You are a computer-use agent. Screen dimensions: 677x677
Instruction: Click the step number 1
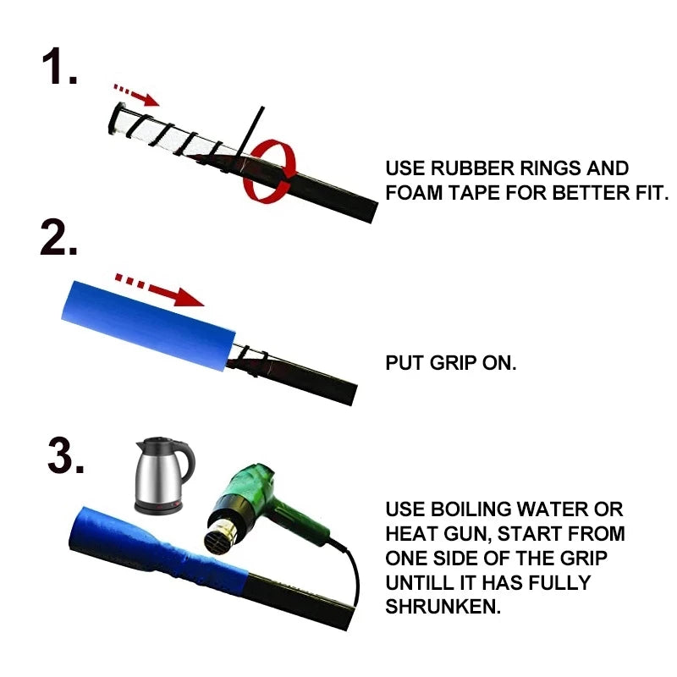point(59,66)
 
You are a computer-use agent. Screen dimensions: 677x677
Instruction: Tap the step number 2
point(58,238)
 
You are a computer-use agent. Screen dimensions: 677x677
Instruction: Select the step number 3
point(66,455)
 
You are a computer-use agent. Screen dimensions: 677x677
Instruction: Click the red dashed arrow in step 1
point(136,95)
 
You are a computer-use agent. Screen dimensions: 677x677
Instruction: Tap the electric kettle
point(164,475)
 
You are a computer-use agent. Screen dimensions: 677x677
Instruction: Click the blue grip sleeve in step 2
point(148,326)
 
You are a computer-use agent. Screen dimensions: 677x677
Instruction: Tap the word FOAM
point(414,193)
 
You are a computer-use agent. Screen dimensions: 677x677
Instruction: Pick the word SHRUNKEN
point(443,607)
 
